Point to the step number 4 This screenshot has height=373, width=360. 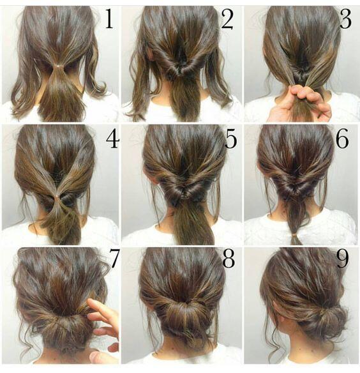pyautogui.click(x=112, y=139)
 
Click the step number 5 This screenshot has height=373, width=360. pyautogui.click(x=230, y=139)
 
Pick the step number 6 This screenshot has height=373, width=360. pyautogui.click(x=343, y=139)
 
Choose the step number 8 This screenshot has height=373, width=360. pyautogui.click(x=228, y=259)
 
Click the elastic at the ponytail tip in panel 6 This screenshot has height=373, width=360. pyautogui.click(x=295, y=239)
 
